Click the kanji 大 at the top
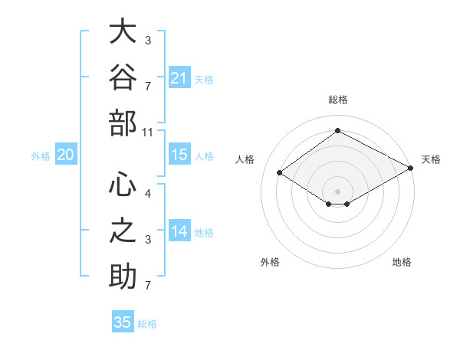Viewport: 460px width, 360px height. click(x=123, y=31)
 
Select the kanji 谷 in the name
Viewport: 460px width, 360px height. click(x=123, y=77)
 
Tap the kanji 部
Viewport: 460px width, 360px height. click(x=123, y=123)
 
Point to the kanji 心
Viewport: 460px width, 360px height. click(x=123, y=184)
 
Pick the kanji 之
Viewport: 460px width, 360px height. click(x=123, y=230)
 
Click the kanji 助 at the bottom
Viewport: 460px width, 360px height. click(x=123, y=277)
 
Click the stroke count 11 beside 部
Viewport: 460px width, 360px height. click(x=147, y=133)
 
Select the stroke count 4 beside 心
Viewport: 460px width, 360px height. click(x=148, y=194)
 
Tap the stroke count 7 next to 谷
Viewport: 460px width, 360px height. click(x=148, y=87)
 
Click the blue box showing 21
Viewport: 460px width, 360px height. click(x=179, y=77)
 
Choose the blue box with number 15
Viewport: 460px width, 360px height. click(x=179, y=154)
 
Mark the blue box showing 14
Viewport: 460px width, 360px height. click(x=179, y=230)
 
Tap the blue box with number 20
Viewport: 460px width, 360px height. click(x=66, y=154)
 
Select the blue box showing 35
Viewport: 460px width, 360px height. click(x=123, y=321)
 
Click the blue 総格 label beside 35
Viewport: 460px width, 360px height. click(x=147, y=324)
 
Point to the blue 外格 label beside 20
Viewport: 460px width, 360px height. click(x=41, y=156)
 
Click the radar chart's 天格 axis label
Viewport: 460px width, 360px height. click(x=431, y=159)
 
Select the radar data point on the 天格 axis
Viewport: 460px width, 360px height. click(x=411, y=168)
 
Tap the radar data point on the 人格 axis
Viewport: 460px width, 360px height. click(x=280, y=172)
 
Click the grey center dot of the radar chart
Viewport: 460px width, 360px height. click(x=337, y=191)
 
